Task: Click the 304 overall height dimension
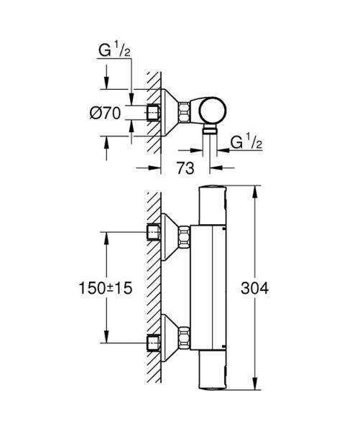[x=254, y=288]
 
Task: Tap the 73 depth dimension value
[x=185, y=170]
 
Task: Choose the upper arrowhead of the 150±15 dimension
[x=106, y=236]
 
